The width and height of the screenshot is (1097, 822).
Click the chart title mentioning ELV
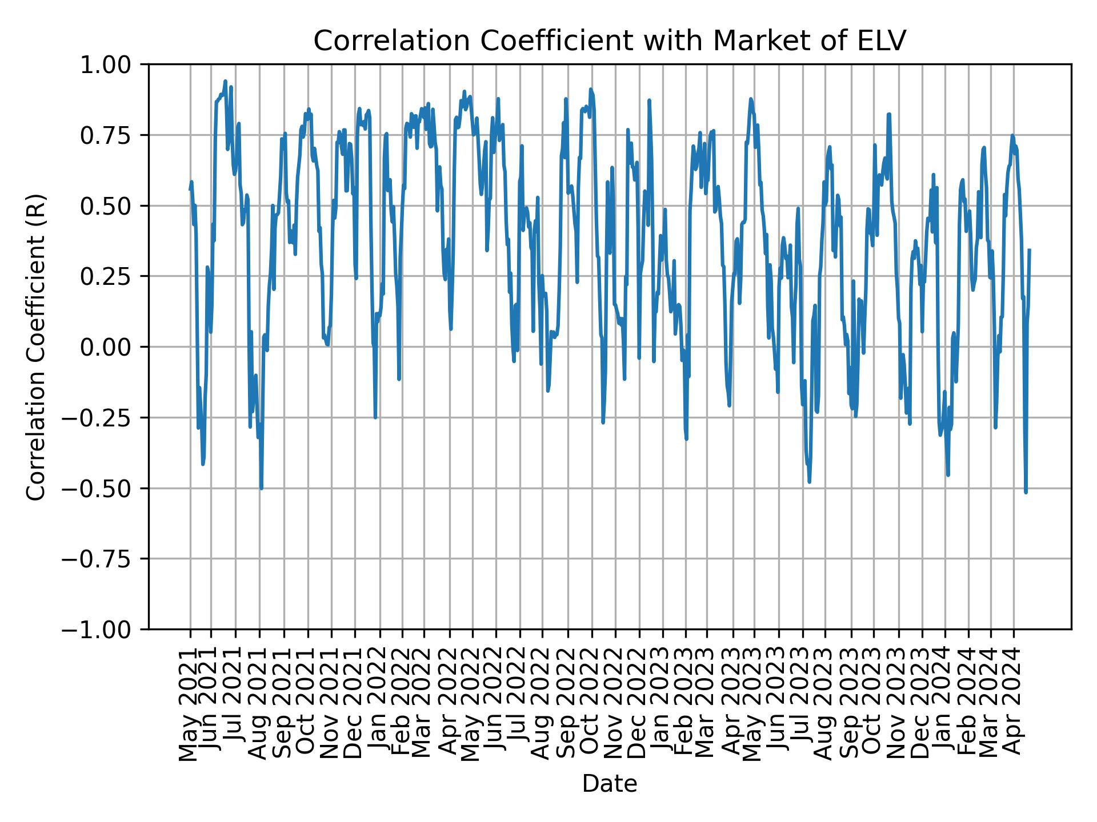(610, 41)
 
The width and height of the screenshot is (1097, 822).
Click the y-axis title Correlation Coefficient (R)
(36, 347)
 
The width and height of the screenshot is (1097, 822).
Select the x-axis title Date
(609, 784)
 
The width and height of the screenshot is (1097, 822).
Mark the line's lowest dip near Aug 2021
(261, 489)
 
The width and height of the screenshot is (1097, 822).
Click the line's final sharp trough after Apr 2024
(1026, 492)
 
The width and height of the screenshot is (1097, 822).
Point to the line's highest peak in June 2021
(225, 81)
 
